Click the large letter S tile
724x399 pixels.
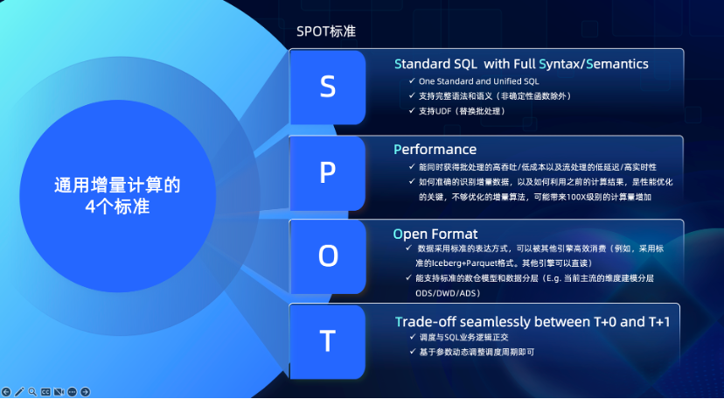click(x=327, y=87)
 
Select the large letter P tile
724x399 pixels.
click(x=327, y=173)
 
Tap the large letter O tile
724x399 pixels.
click(x=327, y=256)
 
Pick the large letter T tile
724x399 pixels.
click(x=327, y=342)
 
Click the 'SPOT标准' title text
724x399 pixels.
click(x=326, y=31)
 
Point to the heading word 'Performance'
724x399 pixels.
click(x=435, y=149)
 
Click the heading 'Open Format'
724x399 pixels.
click(x=435, y=234)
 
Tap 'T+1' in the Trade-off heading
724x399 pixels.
click(x=656, y=322)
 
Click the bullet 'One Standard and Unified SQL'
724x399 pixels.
click(x=479, y=81)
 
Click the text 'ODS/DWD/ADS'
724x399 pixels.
click(x=448, y=293)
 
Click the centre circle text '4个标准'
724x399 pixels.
click(x=117, y=206)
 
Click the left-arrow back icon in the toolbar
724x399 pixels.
click(x=6, y=392)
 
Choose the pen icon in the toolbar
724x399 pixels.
click(x=19, y=392)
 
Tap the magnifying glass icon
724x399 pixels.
click(x=32, y=392)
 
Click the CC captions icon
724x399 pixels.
click(x=45, y=392)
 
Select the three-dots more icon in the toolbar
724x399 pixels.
click(x=72, y=392)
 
